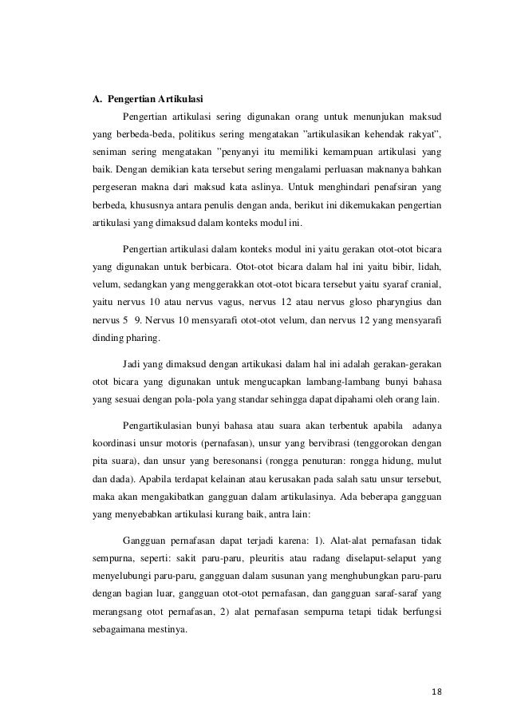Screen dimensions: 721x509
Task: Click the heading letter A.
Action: point(91,100)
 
